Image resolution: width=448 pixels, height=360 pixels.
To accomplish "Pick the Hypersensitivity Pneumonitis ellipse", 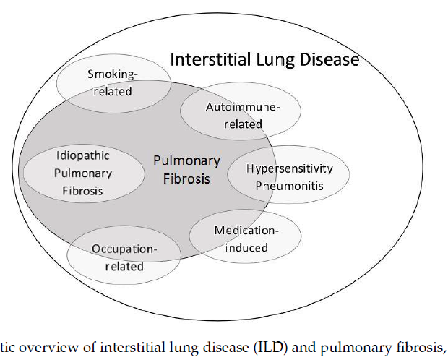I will [x=289, y=176].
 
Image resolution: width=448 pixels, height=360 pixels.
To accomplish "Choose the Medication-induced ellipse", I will [x=245, y=239].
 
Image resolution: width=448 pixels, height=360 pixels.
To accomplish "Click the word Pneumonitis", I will [x=289, y=185].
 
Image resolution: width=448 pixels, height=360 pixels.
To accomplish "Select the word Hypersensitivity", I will [x=290, y=168].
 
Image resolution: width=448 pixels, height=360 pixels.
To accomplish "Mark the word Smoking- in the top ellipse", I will [x=111, y=74].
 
